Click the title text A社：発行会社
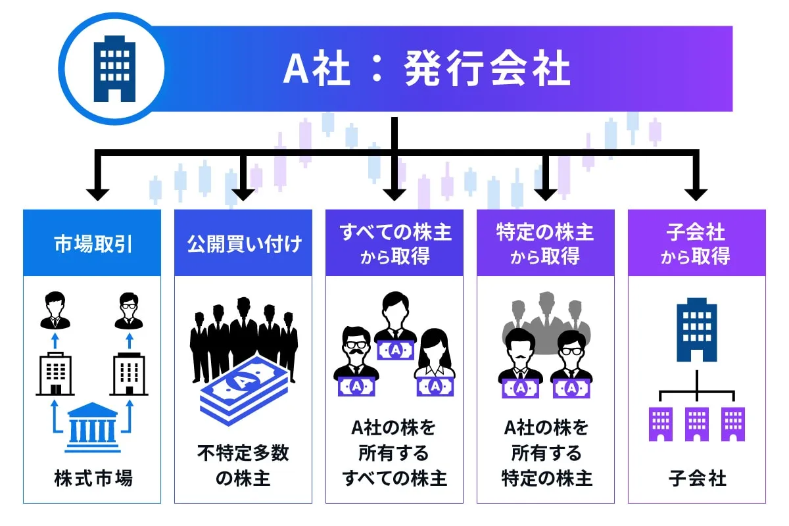coord(427,68)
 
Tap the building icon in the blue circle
coord(114,68)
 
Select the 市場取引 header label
coord(93,244)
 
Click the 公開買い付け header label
coord(244,244)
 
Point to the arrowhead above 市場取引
coord(97,195)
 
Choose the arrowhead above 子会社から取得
coord(696,195)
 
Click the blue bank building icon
coord(92,427)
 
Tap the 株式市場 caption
coord(93,479)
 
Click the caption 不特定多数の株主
coord(243,466)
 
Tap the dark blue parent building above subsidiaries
coord(697,329)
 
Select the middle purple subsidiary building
coord(697,424)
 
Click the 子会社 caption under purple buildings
coord(697,479)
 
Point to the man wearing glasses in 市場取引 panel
coord(129,311)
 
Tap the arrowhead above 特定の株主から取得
coord(545,195)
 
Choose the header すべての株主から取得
coord(395,244)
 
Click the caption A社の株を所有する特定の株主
coord(546,453)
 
